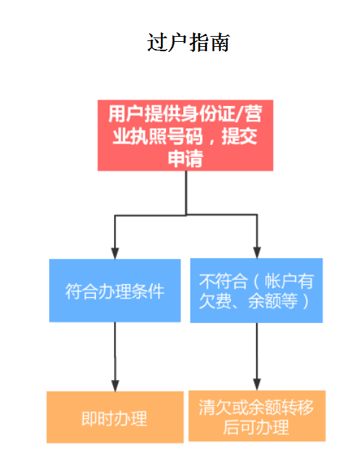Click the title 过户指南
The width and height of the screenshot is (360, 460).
point(188,43)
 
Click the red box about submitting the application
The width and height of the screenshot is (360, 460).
point(185,136)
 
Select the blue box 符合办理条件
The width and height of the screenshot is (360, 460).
point(115,291)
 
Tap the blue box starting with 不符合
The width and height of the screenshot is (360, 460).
point(256,291)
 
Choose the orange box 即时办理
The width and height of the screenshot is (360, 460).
point(115,417)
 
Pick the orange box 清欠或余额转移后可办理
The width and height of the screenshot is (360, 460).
point(257,416)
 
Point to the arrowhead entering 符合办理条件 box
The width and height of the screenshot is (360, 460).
point(115,254)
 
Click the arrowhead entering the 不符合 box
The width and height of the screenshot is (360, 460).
point(257,252)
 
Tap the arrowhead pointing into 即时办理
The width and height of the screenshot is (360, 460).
point(115,386)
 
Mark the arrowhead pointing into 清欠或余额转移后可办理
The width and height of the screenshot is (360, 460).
point(257,384)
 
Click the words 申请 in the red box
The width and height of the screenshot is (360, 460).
point(185,159)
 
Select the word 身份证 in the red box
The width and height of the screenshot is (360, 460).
point(208,114)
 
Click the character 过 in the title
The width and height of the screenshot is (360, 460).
point(157,43)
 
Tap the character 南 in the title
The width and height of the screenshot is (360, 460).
point(219,43)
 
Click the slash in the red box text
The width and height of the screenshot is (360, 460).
point(240,114)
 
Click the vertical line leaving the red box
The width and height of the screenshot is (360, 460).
point(186,193)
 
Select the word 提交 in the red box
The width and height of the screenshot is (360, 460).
point(240,136)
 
